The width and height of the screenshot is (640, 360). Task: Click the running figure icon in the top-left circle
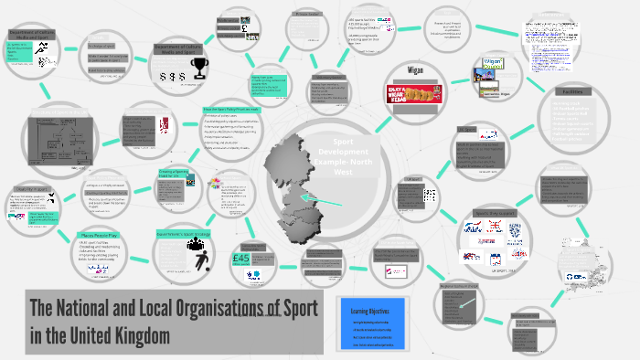point(41,58)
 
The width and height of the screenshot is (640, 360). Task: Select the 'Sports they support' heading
point(499,214)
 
